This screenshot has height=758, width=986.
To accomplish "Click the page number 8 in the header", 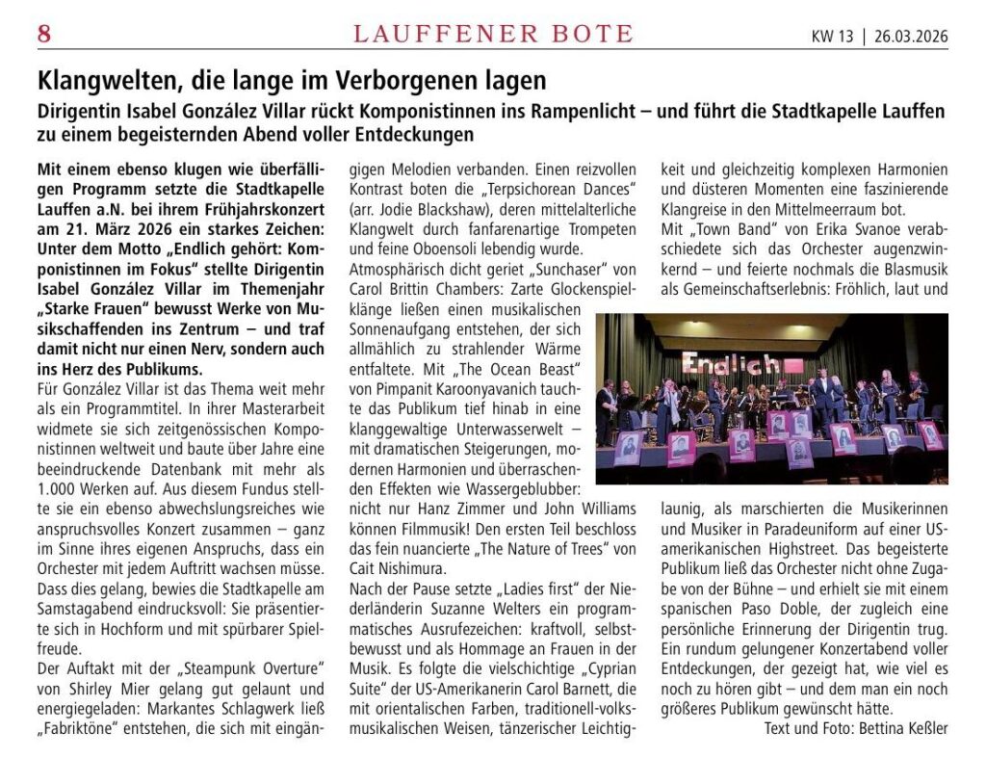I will click(x=43, y=35).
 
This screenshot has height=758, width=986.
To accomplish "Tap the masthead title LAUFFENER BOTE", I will click(x=493, y=35).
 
